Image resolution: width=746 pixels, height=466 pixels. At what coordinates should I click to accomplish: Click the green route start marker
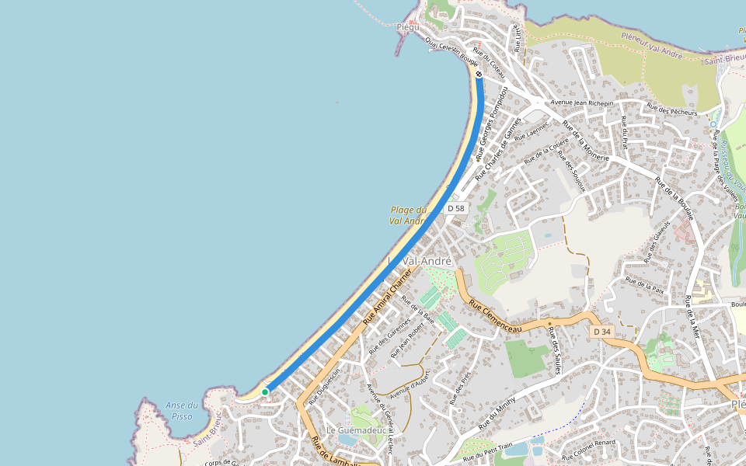point(265,392)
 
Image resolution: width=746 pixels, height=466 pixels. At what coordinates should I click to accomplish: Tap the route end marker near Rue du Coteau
point(479,75)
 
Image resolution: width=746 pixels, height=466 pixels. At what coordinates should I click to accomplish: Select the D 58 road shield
point(456,208)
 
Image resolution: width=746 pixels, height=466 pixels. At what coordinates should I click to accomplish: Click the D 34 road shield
point(602,332)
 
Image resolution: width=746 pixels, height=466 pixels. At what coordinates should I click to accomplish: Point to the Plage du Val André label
point(409,215)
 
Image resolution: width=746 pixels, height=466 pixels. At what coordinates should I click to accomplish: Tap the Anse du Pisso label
point(181,411)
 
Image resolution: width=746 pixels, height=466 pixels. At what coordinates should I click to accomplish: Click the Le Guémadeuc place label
point(352,430)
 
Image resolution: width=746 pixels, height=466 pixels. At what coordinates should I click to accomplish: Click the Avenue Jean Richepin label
point(581,103)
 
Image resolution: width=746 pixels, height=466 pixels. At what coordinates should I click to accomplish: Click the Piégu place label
point(408,27)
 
